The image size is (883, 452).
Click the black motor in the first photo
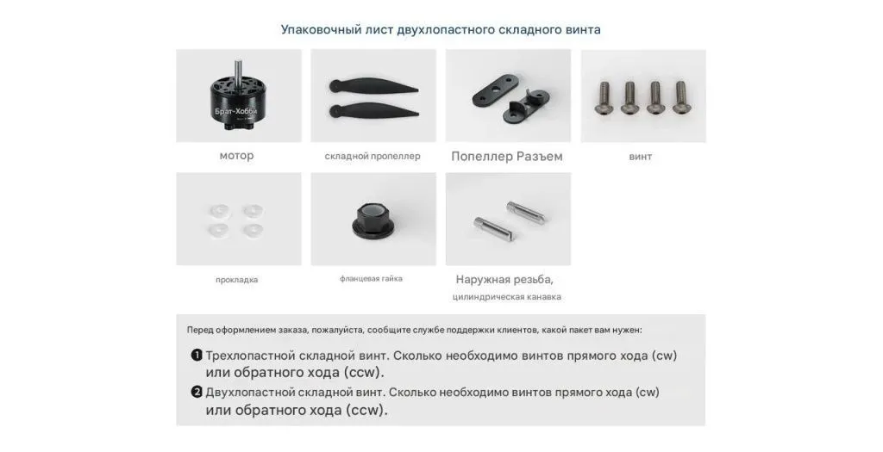(x=236, y=102)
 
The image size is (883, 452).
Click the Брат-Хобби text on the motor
(x=236, y=111)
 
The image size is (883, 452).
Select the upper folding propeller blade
(x=373, y=88)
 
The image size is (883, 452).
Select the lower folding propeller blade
(x=373, y=109)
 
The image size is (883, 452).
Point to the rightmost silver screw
(x=680, y=98)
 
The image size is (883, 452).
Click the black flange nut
(x=373, y=218)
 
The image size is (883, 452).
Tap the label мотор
(x=236, y=156)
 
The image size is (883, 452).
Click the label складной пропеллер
(x=373, y=157)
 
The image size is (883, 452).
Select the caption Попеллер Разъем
(x=507, y=157)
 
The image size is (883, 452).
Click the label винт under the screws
(x=641, y=157)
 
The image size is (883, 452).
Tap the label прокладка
(x=236, y=280)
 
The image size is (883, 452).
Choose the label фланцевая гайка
(x=371, y=278)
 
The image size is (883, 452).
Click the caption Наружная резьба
(x=504, y=280)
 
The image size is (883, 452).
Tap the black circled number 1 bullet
(x=197, y=356)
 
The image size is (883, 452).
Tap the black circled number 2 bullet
(x=197, y=393)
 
